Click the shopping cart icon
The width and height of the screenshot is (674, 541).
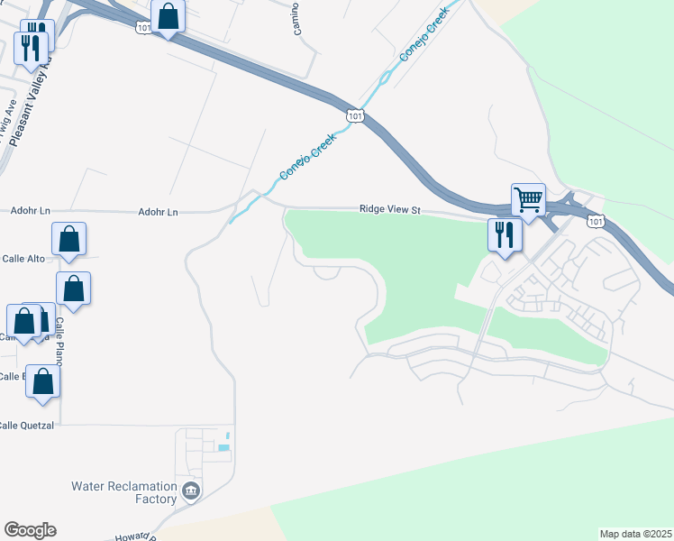(x=528, y=198)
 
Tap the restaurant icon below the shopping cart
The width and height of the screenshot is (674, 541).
(x=504, y=235)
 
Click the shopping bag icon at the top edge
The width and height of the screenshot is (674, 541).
(x=168, y=15)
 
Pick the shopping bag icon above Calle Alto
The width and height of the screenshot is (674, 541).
(x=69, y=239)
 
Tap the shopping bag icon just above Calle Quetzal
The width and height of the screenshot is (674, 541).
(x=43, y=381)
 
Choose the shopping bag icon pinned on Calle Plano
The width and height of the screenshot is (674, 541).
(x=74, y=289)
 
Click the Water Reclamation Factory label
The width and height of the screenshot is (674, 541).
(x=123, y=492)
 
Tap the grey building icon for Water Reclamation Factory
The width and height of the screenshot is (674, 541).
(x=191, y=491)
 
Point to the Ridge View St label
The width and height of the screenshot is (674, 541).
(x=390, y=209)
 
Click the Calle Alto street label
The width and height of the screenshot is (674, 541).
(x=23, y=259)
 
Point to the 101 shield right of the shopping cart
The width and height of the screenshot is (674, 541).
(x=594, y=221)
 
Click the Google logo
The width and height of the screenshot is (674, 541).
(x=30, y=530)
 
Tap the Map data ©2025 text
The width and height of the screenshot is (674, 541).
(x=634, y=534)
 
